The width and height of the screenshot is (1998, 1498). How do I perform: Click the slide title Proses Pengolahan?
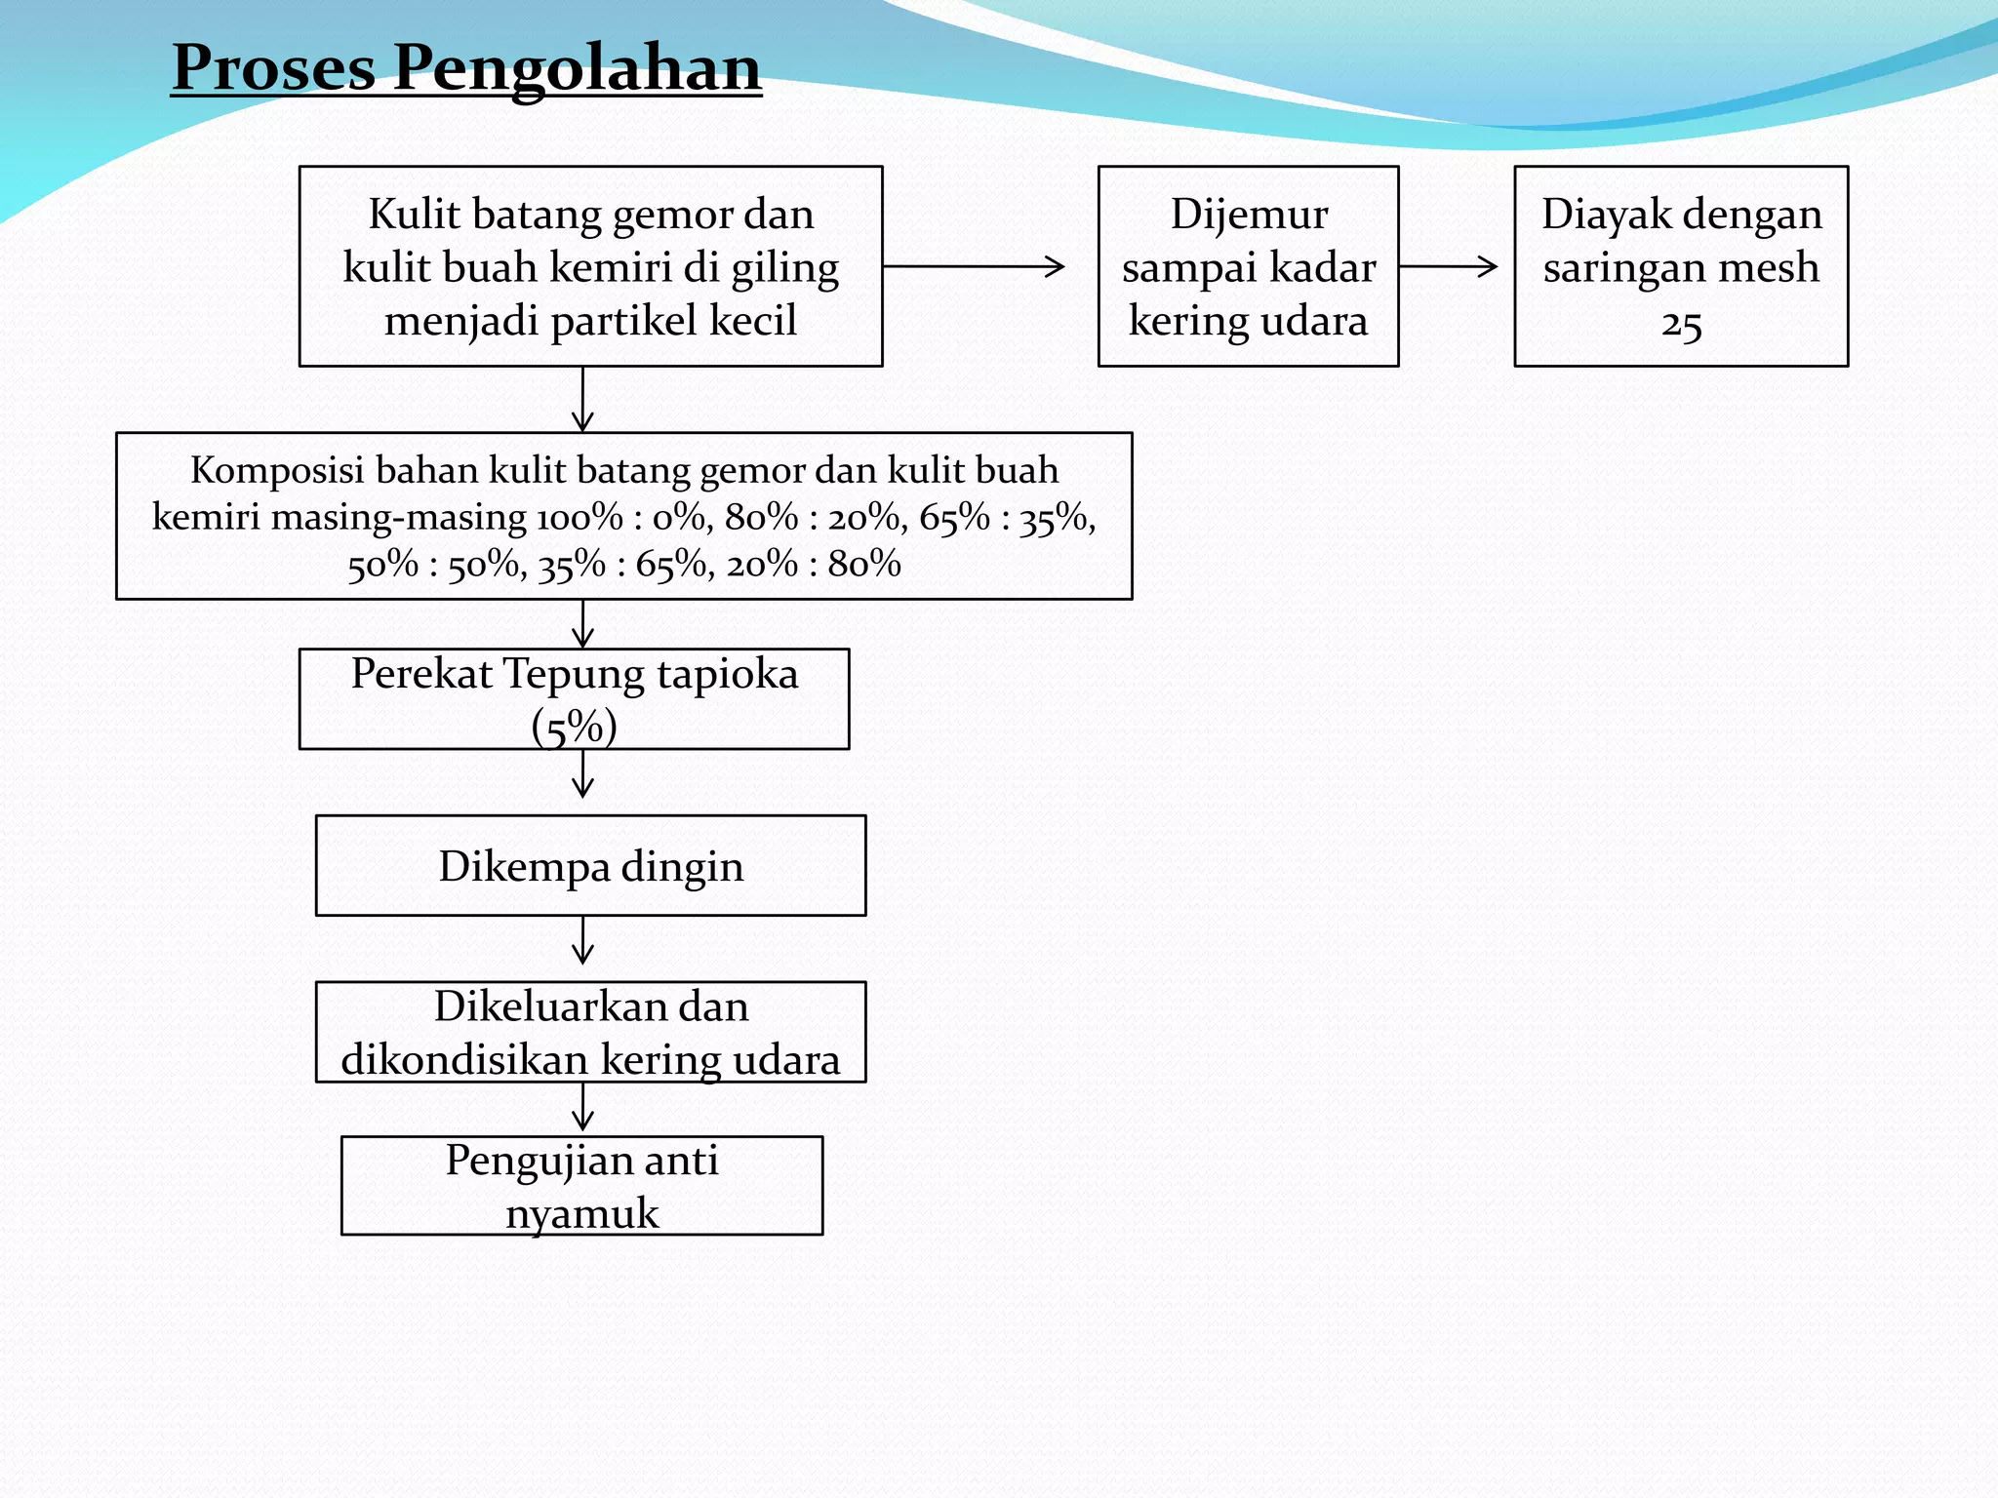pos(466,68)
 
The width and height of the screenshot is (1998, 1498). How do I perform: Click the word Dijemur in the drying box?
pos(1249,214)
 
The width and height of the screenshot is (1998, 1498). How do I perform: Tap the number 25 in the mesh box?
pos(1681,324)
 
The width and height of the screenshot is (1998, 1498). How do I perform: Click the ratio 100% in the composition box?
pos(579,517)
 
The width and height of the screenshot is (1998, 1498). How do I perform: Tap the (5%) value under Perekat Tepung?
pos(574,727)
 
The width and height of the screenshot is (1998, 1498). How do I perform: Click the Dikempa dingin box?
pos(590,866)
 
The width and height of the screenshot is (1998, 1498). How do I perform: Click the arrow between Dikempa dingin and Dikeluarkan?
pos(583,940)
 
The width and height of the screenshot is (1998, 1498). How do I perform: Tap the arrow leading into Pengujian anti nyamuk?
pos(583,1108)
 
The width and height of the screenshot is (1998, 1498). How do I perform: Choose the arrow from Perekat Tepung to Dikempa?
pos(583,774)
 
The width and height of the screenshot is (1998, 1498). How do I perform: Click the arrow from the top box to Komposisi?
pos(583,399)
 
